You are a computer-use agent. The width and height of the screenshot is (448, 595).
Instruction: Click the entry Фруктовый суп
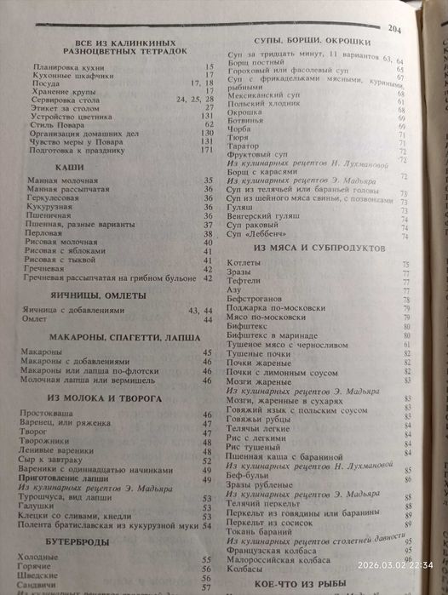255,154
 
